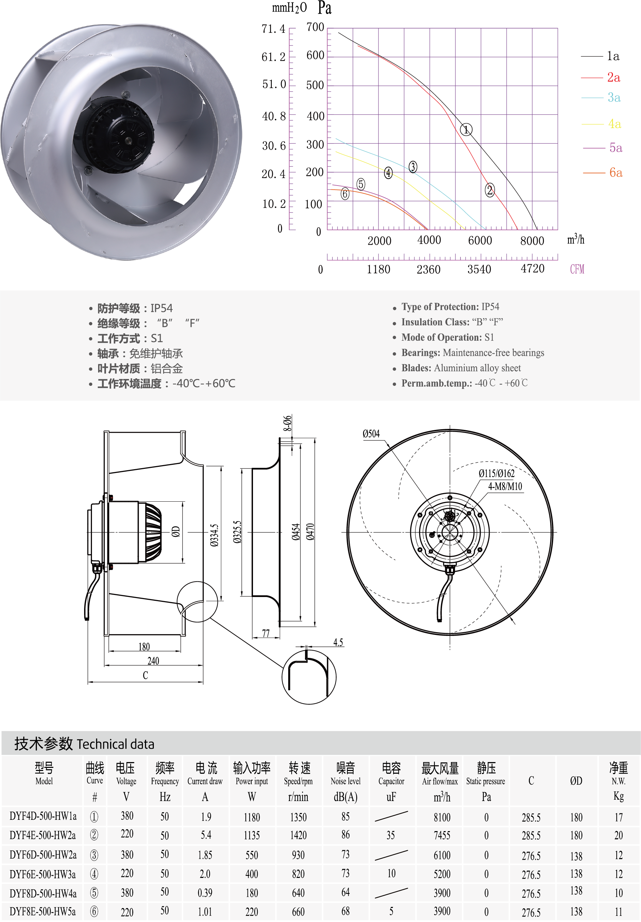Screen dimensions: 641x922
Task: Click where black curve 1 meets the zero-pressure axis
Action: [537, 229]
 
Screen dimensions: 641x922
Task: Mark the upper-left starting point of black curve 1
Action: [338, 32]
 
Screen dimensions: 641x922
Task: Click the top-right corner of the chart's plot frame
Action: [558, 28]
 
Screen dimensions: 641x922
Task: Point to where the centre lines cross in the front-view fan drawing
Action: [450, 532]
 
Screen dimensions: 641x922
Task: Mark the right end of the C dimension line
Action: [203, 681]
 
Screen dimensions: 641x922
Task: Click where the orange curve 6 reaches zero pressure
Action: [427, 229]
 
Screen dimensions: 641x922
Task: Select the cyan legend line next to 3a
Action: [592, 97]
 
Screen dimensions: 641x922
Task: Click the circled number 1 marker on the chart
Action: [466, 130]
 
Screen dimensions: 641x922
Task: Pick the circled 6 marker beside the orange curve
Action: [345, 194]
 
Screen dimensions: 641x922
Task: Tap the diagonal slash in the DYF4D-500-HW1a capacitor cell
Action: [391, 816]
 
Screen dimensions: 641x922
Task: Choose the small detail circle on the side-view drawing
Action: [197, 602]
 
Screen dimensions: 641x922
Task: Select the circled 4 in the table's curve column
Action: [94, 874]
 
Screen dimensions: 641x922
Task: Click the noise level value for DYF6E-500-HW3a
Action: [345, 873]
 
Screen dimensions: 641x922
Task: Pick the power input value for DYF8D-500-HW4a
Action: [252, 893]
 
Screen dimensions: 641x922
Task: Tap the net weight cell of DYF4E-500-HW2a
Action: [618, 835]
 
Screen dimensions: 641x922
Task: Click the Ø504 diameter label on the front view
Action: [371, 434]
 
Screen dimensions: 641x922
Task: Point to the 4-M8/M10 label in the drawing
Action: [505, 487]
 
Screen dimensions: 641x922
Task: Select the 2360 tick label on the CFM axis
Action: [429, 269]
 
